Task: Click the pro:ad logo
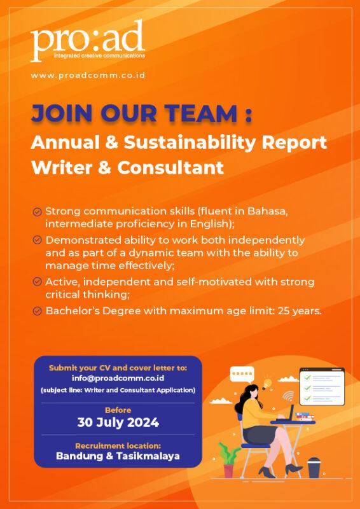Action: (88, 41)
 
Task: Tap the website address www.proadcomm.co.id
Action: (88, 75)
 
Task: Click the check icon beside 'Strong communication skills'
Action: (37, 211)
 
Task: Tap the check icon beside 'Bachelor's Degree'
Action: (37, 310)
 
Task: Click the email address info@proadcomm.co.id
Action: (118, 378)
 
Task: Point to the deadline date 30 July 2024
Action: (118, 422)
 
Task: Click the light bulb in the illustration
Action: (267, 382)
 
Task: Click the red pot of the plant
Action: (228, 470)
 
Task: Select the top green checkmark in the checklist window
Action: (307, 377)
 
